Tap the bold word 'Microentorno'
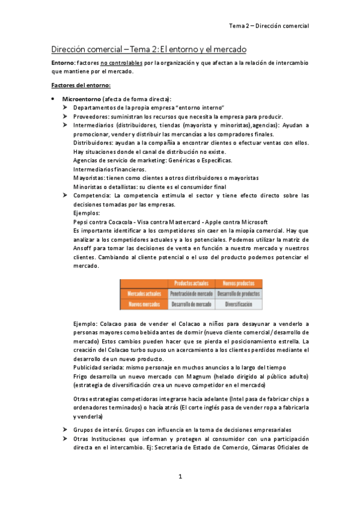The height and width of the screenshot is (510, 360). (x=81, y=99)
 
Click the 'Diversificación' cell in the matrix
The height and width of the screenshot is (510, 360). (x=237, y=305)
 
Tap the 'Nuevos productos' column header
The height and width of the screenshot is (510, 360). (x=237, y=283)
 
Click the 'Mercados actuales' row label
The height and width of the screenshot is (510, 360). (x=142, y=294)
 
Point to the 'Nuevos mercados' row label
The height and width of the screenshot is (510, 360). (x=142, y=305)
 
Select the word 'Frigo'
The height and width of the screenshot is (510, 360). (x=81, y=376)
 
